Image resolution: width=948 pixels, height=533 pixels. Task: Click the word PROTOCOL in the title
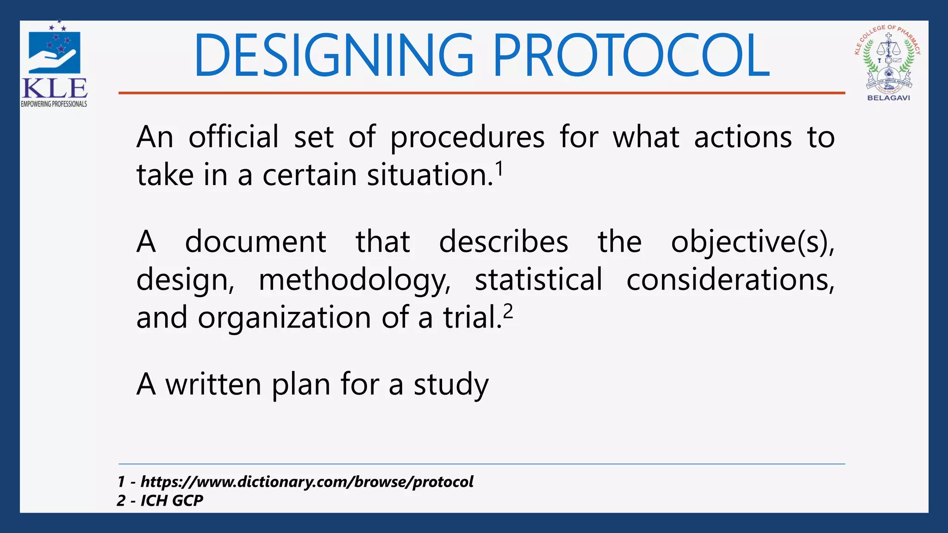(631, 56)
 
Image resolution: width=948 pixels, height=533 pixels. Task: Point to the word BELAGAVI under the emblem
(888, 98)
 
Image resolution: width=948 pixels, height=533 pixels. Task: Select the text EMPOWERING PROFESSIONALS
(54, 104)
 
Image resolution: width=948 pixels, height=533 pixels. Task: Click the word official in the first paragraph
(233, 137)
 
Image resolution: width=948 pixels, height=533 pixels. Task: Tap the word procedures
(468, 138)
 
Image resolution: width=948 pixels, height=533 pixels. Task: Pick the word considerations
(730, 280)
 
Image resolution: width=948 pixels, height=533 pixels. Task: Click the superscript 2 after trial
(508, 312)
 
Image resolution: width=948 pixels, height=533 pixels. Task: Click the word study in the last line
(451, 385)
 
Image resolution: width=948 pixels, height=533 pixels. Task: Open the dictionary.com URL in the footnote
(307, 482)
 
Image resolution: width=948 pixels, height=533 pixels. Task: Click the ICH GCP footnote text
(172, 501)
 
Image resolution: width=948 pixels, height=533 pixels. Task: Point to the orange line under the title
(481, 93)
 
